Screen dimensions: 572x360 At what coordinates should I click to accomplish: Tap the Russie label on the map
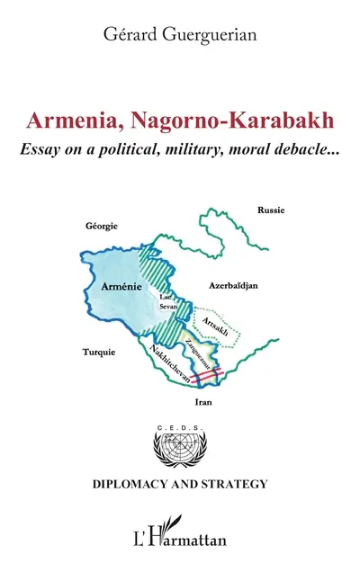pyautogui.click(x=270, y=210)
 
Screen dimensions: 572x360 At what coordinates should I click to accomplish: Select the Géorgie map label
pyautogui.click(x=101, y=226)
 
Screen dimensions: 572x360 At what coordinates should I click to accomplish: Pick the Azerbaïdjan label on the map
pyautogui.click(x=233, y=284)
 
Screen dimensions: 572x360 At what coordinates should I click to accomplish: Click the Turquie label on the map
pyautogui.click(x=98, y=352)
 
